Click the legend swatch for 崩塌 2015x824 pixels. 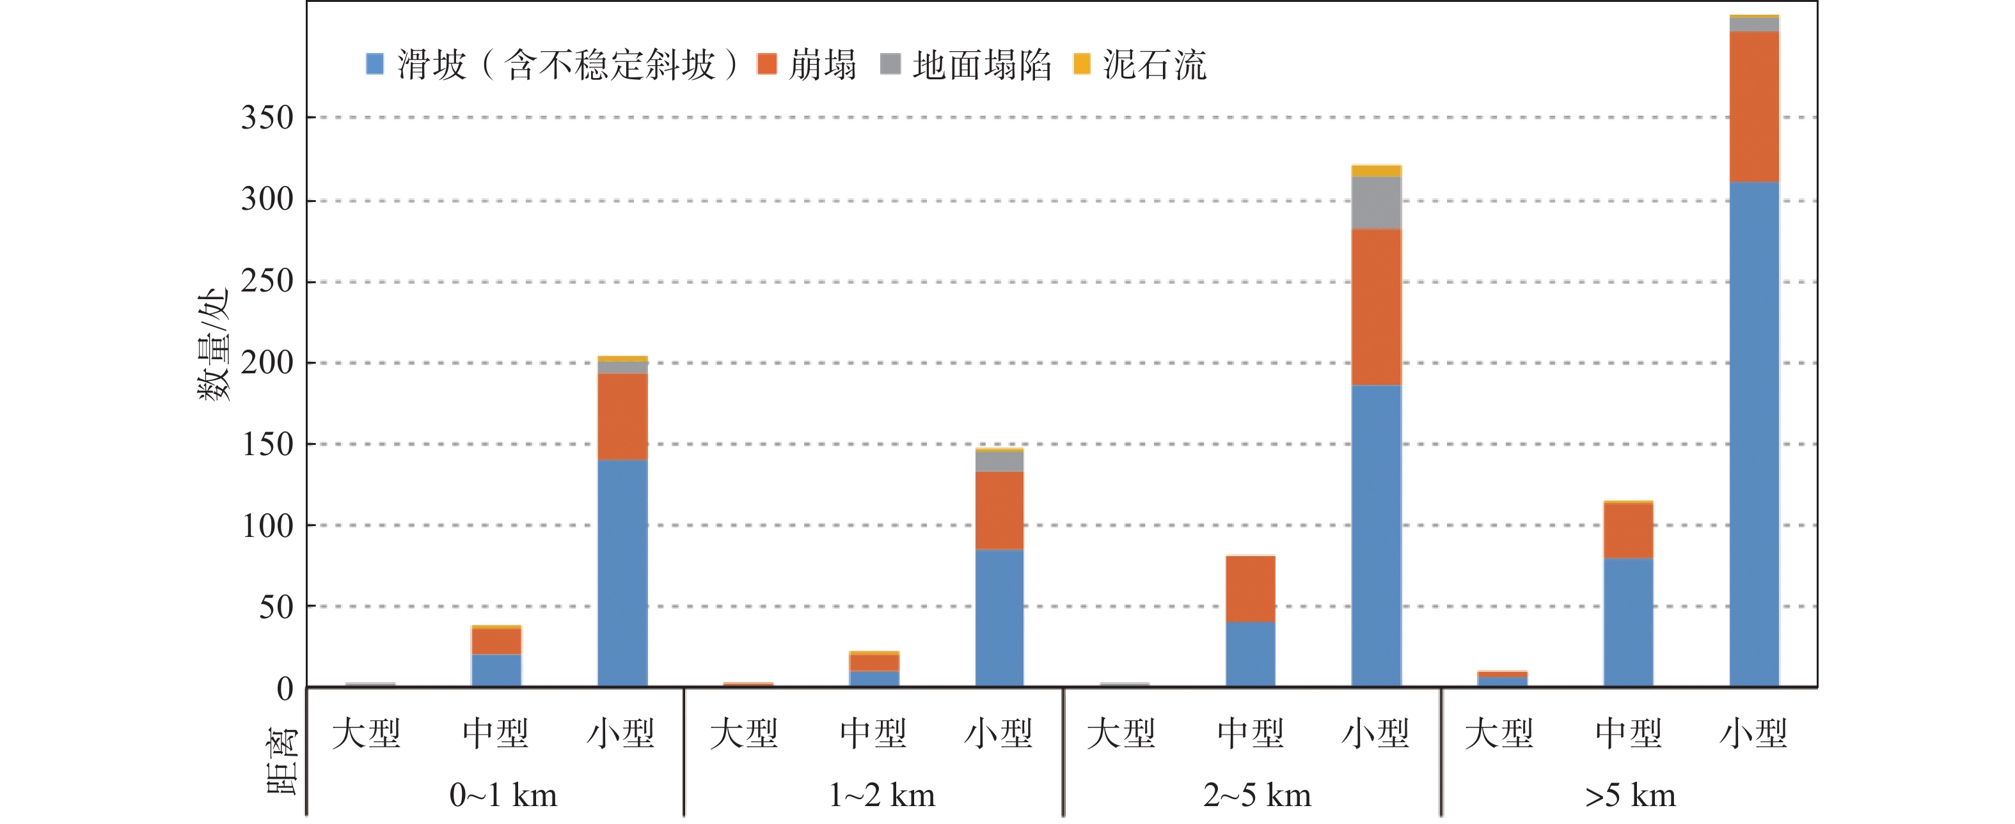coord(766,64)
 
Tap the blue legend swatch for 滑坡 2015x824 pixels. coord(375,64)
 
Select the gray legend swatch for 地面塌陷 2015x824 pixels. coord(890,64)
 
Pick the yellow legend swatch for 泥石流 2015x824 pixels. coord(1082,64)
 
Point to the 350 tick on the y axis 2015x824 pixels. coord(267,118)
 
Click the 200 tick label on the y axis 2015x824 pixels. coord(267,362)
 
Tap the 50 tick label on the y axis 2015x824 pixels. coord(276,607)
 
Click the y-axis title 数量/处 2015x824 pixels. coord(213,344)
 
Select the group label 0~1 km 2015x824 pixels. coord(503,796)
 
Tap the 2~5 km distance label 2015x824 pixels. coord(1256,796)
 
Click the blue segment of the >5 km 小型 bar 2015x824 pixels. coord(1754,434)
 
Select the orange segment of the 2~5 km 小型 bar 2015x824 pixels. coord(1376,306)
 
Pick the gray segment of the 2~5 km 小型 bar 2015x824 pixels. coord(1376,203)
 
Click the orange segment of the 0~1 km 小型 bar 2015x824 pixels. coord(622,417)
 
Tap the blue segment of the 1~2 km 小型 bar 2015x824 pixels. coord(999,618)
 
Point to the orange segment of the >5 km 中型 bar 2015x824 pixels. coord(1628,530)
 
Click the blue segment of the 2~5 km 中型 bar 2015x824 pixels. coord(1250,653)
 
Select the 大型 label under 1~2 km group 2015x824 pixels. coord(744,734)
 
